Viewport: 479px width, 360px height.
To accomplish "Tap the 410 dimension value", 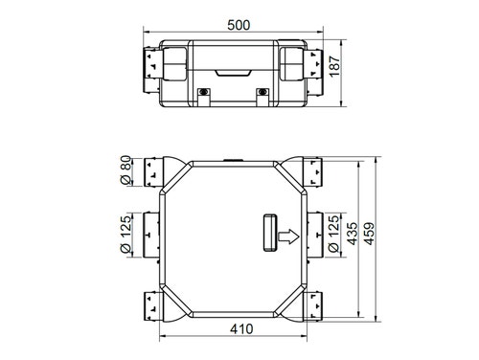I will click(240, 328).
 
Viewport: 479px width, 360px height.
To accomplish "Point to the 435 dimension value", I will click(354, 236).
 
